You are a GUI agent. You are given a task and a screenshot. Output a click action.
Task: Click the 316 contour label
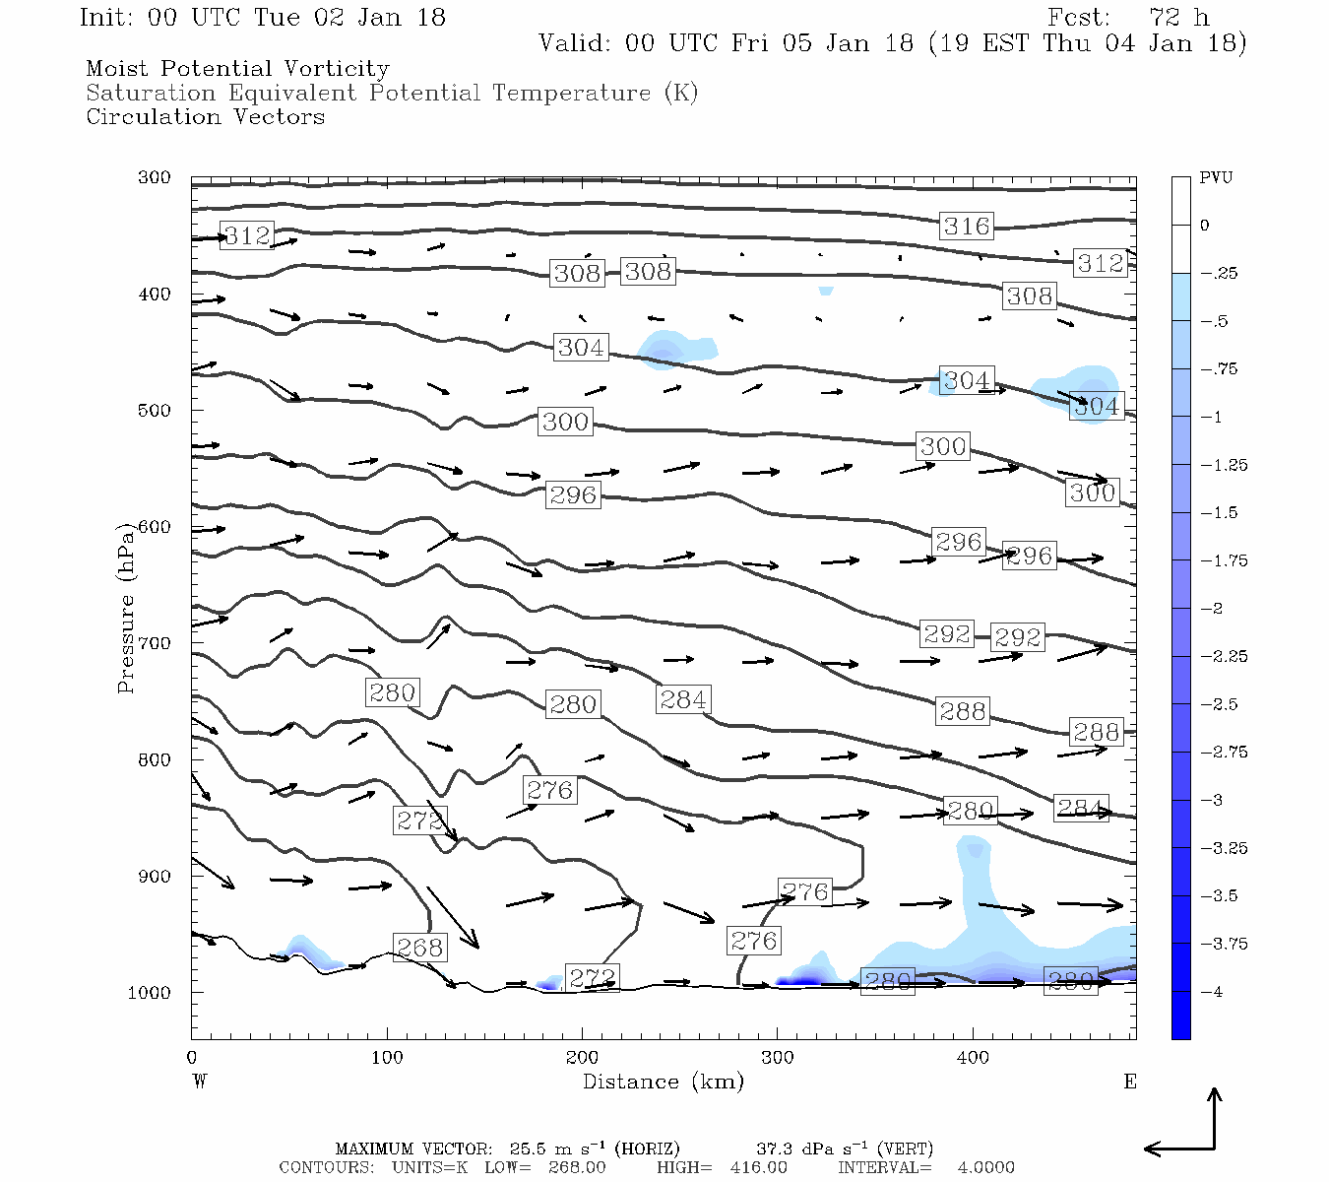point(966,226)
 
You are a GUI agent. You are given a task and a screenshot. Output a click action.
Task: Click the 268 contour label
point(420,948)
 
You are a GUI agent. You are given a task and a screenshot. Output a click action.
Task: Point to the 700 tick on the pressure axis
point(154,643)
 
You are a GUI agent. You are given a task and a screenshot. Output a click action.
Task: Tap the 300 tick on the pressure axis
point(154,178)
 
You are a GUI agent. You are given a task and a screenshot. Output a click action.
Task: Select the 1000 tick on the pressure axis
point(149,993)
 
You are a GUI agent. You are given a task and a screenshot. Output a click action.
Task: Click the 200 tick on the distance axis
point(582,1058)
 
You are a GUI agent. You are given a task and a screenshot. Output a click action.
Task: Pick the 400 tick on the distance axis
point(973,1058)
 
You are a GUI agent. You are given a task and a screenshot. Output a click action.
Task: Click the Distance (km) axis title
point(663,1082)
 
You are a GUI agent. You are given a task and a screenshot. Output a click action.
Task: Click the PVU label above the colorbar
point(1215,178)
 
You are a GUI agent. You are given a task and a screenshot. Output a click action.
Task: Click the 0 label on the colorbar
point(1204,226)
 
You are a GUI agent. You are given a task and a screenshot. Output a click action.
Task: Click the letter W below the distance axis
point(200,1082)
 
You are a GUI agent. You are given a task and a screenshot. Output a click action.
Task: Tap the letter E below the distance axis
point(1130,1082)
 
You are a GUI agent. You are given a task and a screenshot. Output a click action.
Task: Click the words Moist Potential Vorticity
point(237,69)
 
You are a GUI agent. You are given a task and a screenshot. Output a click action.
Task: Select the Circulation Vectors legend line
point(205,116)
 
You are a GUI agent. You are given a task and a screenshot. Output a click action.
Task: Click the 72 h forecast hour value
point(1178,18)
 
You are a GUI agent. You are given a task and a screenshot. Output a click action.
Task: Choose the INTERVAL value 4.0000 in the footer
point(985,1167)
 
